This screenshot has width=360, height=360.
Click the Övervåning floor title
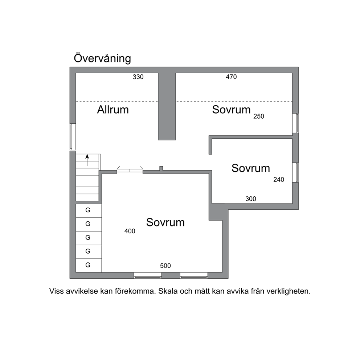point(102,58)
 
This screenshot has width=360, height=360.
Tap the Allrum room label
point(113,110)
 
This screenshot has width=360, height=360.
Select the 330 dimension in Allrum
point(138,77)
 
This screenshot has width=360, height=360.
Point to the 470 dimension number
point(231,77)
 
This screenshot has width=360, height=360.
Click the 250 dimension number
point(259,116)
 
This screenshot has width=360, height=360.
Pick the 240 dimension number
point(279,180)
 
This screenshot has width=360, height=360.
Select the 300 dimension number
point(251,199)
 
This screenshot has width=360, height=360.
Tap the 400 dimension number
point(130,231)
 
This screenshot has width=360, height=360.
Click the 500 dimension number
point(165,266)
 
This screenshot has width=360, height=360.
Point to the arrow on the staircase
point(87,160)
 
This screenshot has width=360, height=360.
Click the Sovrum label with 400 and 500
point(165,222)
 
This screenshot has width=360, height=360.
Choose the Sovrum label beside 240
point(250,168)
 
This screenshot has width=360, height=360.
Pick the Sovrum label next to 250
point(231,110)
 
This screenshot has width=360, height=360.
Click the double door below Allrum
point(130,170)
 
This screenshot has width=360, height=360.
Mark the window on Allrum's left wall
point(73,137)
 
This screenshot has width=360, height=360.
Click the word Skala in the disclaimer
point(167,291)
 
